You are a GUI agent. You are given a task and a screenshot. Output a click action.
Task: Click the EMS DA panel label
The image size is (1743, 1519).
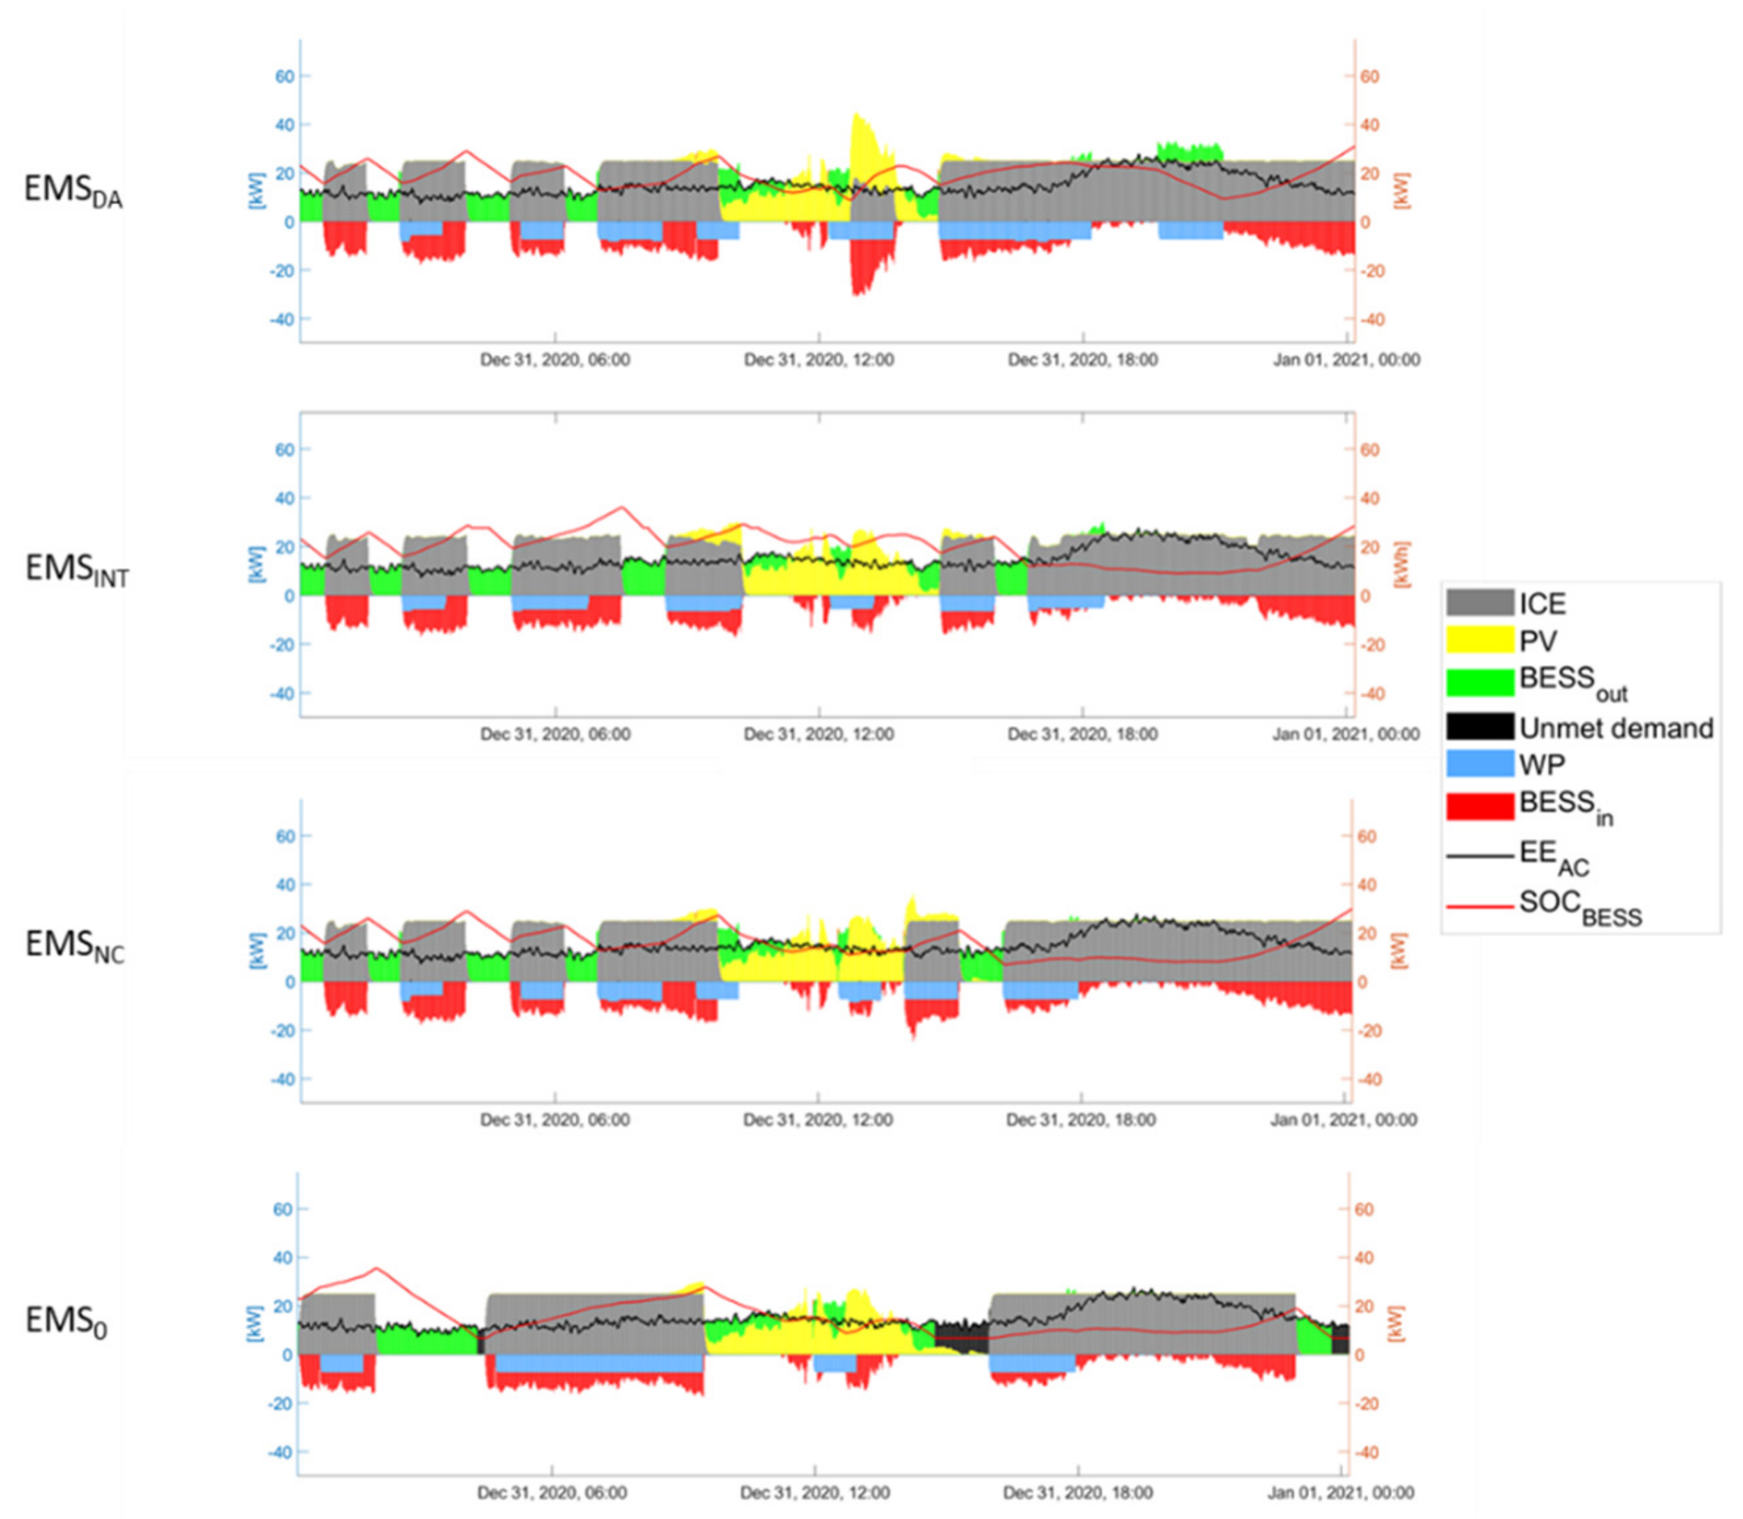click(x=72, y=190)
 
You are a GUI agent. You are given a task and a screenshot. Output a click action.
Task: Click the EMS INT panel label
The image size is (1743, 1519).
click(x=76, y=569)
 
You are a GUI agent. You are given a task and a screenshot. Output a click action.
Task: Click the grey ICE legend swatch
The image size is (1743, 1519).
click(x=1479, y=603)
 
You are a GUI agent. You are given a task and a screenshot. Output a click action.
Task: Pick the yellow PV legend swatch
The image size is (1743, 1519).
click(x=1479, y=640)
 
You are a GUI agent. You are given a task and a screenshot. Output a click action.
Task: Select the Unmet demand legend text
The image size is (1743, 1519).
click(x=1616, y=728)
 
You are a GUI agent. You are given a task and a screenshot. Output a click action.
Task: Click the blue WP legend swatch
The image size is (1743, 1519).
click(x=1479, y=764)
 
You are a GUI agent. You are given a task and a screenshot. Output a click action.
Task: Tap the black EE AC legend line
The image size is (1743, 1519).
click(x=1479, y=856)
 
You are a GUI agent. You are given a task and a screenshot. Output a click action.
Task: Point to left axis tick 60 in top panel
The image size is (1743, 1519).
click(x=284, y=76)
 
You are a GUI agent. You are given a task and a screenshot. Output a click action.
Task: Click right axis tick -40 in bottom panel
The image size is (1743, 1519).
click(x=1363, y=1453)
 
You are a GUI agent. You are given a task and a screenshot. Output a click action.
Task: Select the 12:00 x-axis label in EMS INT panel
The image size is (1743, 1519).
click(x=819, y=734)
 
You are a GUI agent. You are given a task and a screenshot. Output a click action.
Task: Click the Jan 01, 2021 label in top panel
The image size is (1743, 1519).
click(x=1346, y=360)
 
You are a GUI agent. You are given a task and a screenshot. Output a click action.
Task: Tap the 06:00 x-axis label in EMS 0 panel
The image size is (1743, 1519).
click(x=552, y=1492)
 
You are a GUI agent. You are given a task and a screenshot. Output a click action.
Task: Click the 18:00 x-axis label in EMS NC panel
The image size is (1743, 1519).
click(x=1081, y=1120)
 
